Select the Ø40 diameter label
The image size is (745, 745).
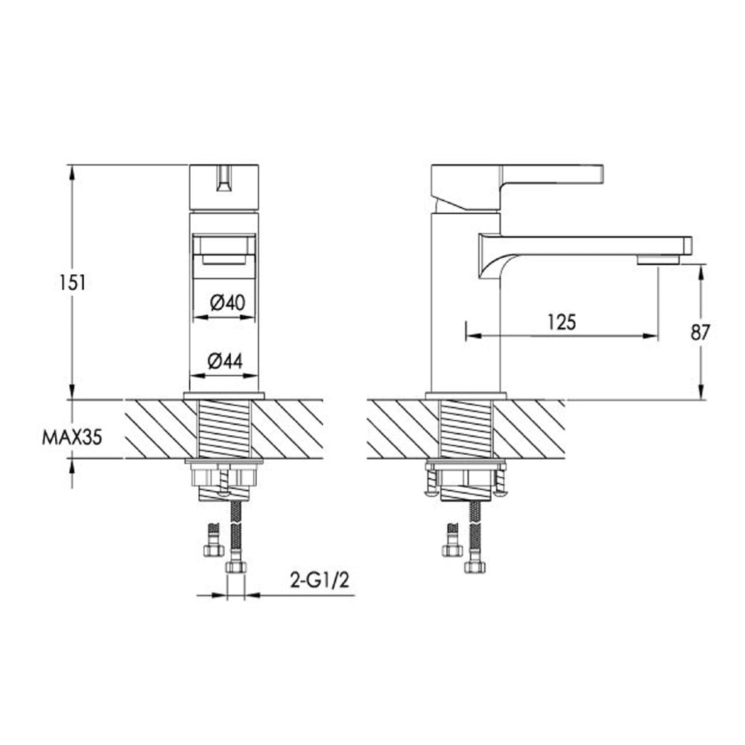tap(226, 302)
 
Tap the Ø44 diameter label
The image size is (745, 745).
tap(226, 361)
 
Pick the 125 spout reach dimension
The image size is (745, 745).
tap(562, 322)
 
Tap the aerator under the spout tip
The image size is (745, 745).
tap(658, 259)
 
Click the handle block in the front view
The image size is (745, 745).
tap(224, 188)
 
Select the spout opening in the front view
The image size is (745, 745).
tap(224, 250)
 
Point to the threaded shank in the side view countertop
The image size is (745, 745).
tap(466, 429)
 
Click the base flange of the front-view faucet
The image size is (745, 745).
tap(224, 395)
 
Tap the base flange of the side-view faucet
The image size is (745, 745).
tap(466, 395)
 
